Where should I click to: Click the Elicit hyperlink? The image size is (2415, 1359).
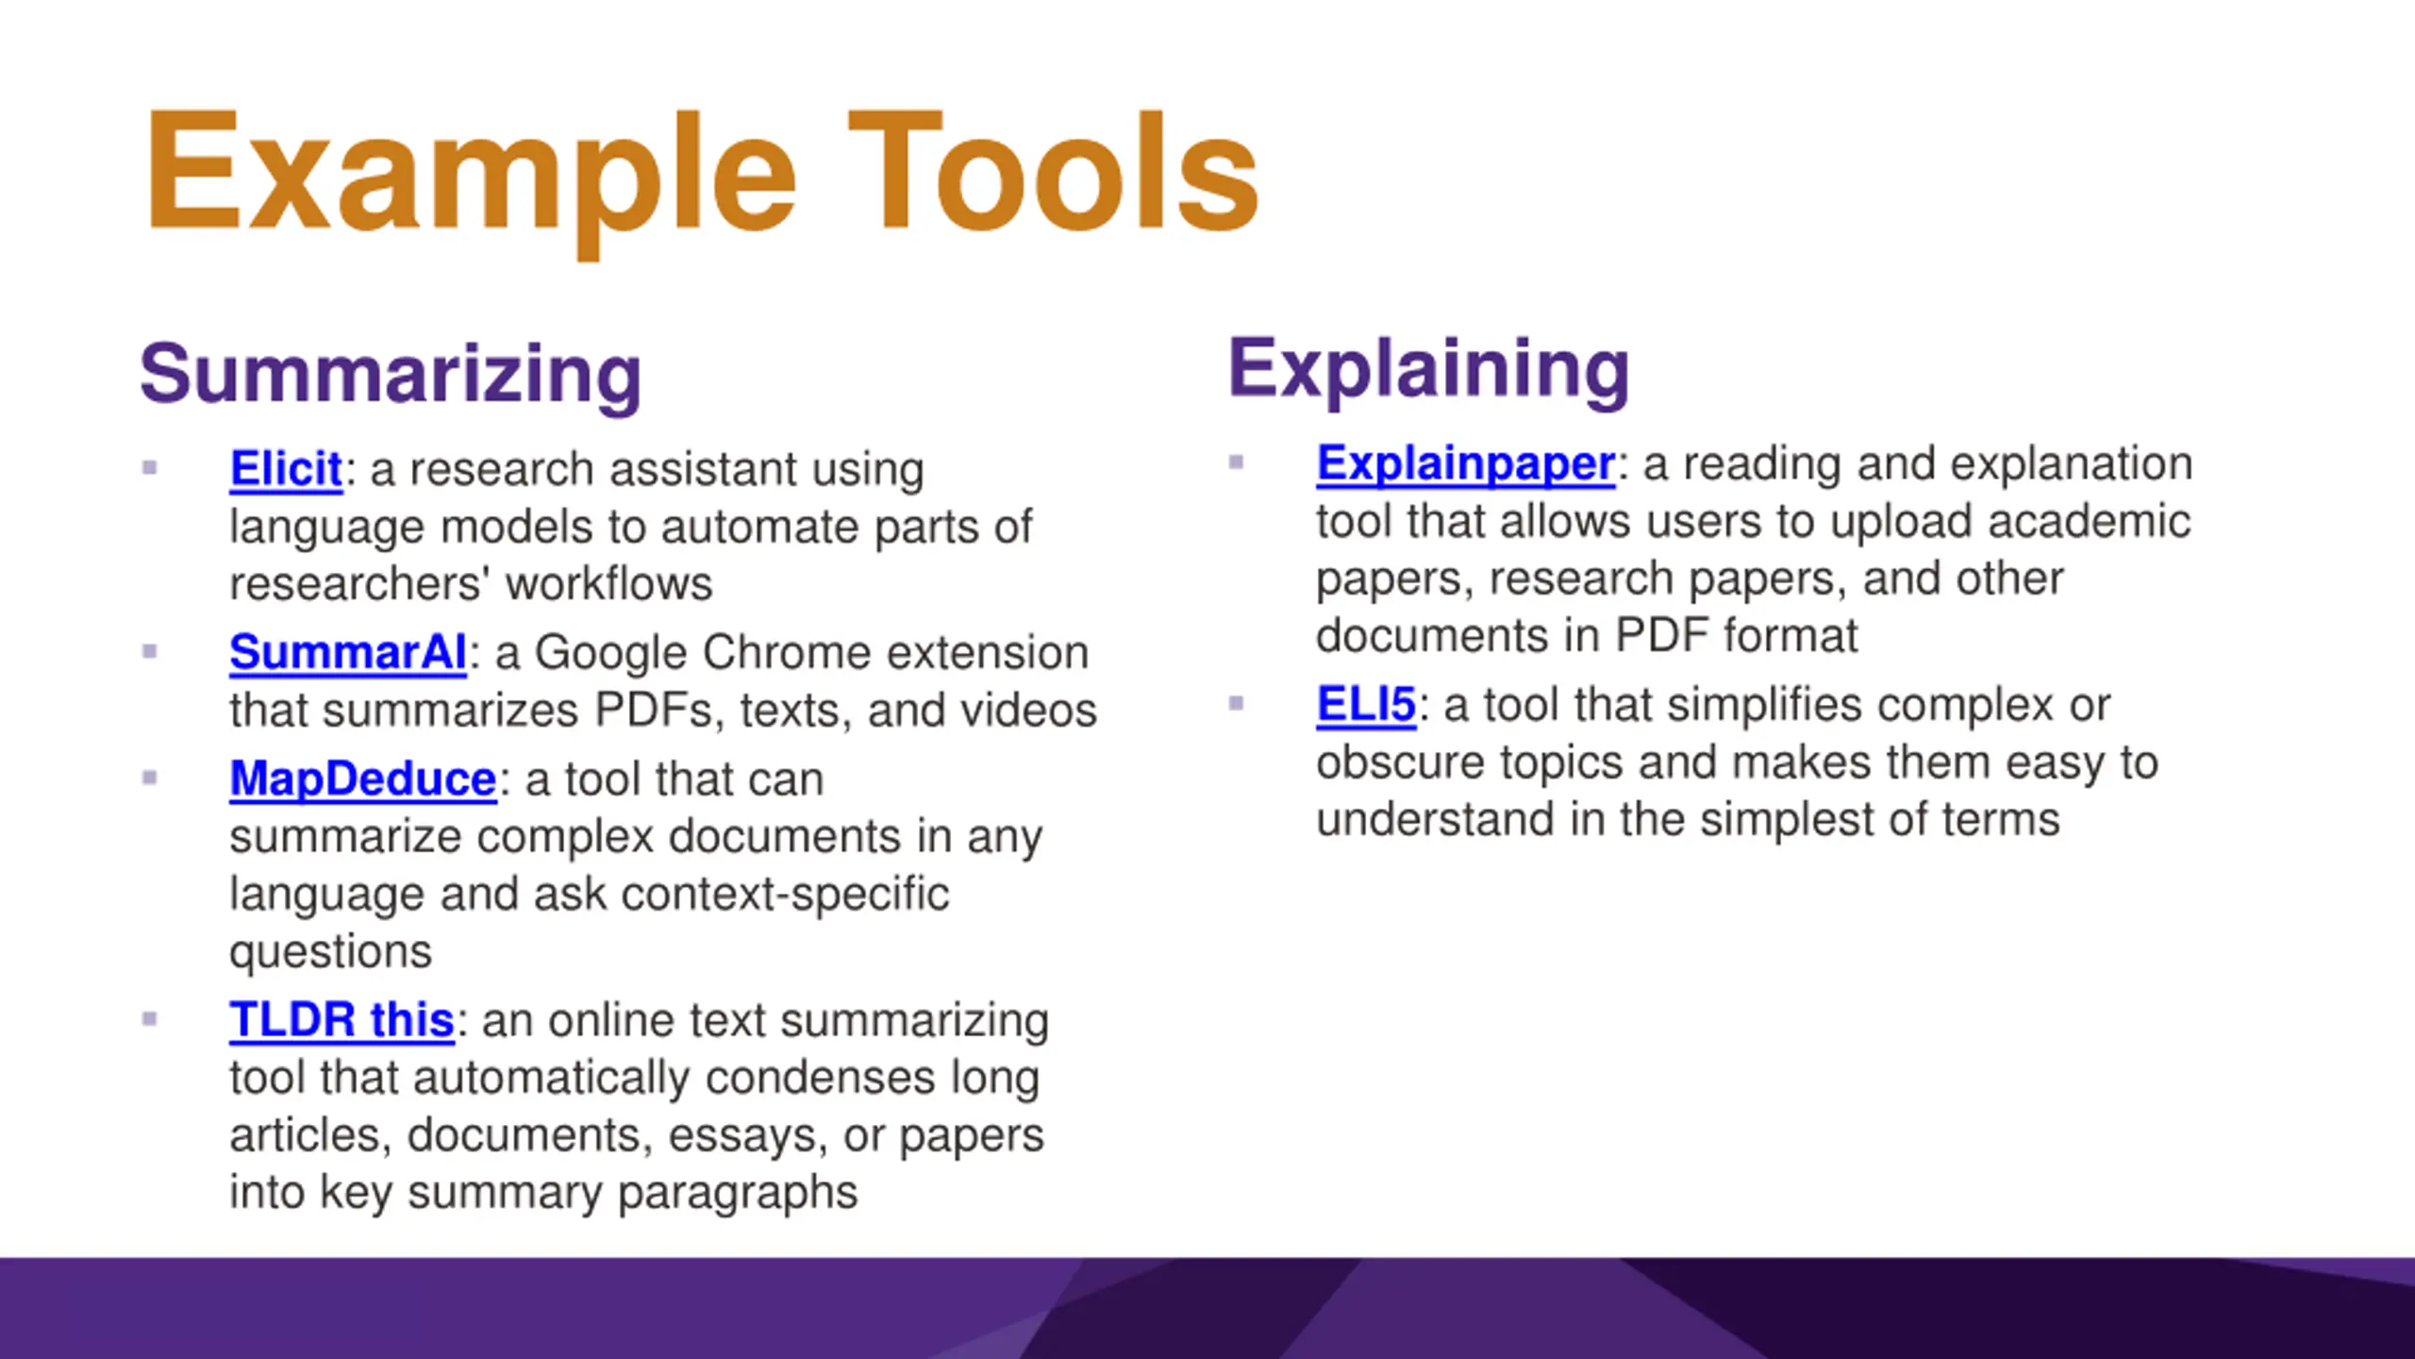point(286,469)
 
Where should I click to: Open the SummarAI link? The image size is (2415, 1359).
point(348,652)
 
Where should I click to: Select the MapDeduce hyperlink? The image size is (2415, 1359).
point(363,780)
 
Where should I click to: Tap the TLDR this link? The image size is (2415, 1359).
point(342,1020)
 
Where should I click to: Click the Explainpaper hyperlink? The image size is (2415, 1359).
point(1466,463)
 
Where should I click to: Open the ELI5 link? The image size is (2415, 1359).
point(1366,705)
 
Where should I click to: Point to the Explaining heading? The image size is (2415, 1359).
point(1429,371)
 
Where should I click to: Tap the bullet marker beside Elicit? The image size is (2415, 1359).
point(149,467)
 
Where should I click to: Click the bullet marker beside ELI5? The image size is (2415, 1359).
point(1236,703)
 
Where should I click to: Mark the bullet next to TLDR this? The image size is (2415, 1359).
point(149,1019)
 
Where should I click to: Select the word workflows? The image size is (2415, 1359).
point(609,584)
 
